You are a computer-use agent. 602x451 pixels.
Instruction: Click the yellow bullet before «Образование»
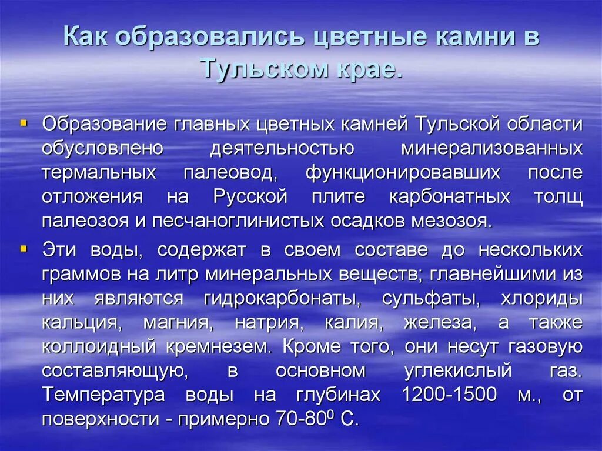point(24,123)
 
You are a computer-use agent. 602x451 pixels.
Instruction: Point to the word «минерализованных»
point(491,148)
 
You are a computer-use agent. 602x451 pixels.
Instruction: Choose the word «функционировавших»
point(403,173)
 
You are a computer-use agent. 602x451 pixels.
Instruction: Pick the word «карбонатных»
point(449,196)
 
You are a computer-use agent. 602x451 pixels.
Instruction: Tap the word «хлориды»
point(541,298)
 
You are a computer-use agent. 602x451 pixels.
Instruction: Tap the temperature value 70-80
point(303,420)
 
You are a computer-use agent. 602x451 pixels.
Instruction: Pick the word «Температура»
point(103,395)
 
